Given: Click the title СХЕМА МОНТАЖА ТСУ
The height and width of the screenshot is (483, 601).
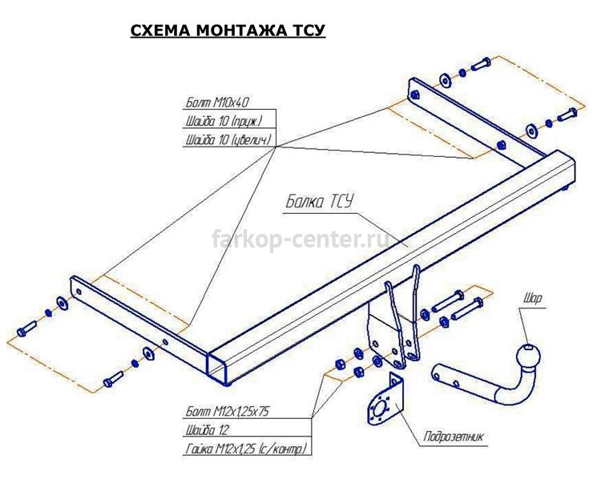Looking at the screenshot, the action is click(228, 30).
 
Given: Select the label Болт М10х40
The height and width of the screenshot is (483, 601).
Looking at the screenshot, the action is click(217, 103).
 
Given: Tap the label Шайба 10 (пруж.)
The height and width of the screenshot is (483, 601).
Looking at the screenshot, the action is click(224, 122).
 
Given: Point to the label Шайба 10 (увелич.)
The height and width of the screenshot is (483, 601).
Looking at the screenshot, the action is click(228, 140).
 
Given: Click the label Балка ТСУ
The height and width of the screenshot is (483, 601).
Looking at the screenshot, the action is click(318, 202).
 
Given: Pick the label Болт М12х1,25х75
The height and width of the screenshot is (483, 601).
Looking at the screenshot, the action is click(228, 412).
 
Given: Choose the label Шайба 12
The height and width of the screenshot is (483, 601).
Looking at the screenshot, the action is click(207, 430).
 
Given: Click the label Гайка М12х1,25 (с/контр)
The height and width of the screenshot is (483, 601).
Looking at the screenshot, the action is click(247, 449).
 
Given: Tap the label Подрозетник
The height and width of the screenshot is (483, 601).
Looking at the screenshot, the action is click(454, 437).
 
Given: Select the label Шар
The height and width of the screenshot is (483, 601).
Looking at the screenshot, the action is click(533, 298).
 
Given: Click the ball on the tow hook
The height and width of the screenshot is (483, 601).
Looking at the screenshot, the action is click(528, 356).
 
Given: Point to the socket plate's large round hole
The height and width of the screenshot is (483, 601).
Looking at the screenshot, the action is click(381, 408).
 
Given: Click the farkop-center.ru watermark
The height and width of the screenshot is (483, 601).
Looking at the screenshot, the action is click(300, 239).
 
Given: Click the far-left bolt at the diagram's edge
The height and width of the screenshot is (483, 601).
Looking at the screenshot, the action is click(26, 328).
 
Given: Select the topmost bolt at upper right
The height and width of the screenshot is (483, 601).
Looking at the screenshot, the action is click(480, 64).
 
